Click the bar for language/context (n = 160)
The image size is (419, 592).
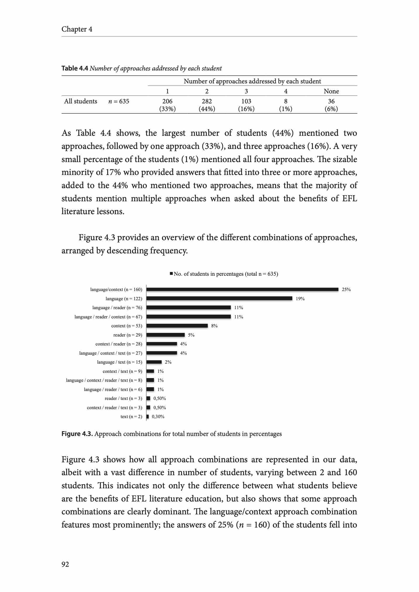pos(242,289)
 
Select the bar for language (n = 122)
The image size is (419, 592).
pos(219,298)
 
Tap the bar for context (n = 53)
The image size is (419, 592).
pos(177,326)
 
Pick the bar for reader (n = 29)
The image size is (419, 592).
pos(166,335)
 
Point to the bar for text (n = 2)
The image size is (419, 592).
pos(148,417)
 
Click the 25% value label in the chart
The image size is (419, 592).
pos(346,289)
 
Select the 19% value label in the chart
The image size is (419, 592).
pos(300,299)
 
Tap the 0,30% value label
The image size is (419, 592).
pos(158,417)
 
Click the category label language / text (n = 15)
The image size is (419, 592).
pos(120,362)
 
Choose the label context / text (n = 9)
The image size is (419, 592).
pos(122,371)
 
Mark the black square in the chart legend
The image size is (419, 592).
pos(171,274)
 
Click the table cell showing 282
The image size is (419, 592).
pos(207,101)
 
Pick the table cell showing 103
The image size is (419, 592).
pos(246,101)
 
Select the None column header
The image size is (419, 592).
pos(331,91)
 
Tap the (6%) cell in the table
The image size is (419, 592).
pos(331,109)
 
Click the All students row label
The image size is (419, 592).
pos(81,101)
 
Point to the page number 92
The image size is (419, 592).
pos(65,564)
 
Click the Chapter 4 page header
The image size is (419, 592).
pos(77,29)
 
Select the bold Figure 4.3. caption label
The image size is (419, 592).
pos(77,434)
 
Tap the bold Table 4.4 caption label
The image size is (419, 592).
pos(75,69)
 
